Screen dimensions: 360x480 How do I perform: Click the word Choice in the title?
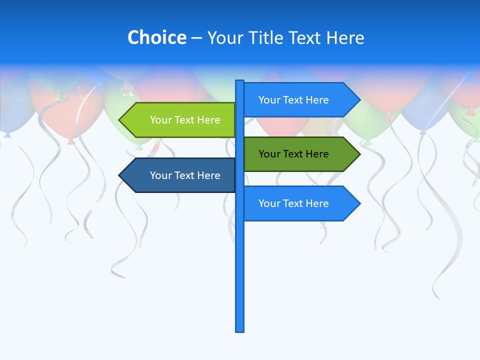156,37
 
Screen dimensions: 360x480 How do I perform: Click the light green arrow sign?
180,120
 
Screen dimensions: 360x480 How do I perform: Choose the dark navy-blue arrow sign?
180,175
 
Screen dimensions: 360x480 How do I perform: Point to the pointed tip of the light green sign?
120,120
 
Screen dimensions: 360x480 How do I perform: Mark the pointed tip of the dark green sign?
359,154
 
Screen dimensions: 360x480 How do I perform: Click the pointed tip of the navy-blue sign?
120,175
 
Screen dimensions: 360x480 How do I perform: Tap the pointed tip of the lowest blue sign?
359,203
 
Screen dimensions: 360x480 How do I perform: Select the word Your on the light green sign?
160,120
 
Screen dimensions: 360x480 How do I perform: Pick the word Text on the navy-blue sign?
185,175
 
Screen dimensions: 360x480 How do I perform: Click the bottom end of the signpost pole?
240,330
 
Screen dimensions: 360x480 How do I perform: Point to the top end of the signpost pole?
240,81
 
